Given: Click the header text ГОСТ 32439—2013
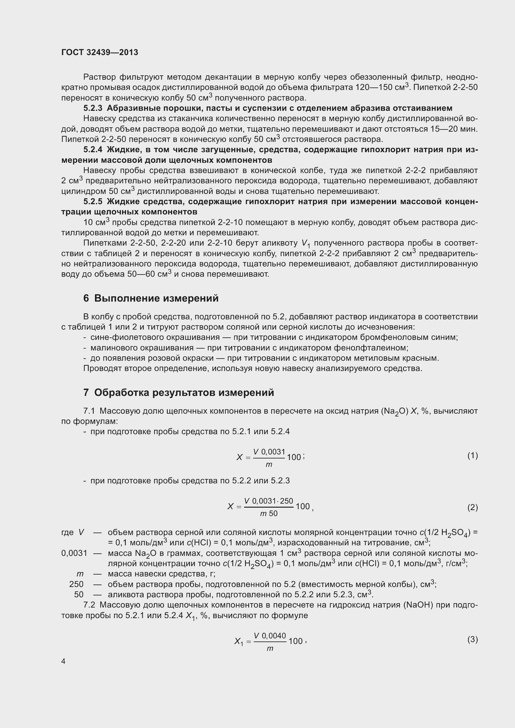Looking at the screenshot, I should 100,52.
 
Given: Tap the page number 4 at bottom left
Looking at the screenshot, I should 64,661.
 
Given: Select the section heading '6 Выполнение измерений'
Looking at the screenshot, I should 151,298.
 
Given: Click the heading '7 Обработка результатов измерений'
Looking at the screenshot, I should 178,392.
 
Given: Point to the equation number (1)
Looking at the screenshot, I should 473,456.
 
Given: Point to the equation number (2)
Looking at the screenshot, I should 473,508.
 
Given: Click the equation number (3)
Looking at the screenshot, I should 473,640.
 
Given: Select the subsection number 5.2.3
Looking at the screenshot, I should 93,108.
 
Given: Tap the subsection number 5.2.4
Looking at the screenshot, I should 93,150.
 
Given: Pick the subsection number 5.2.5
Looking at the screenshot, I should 93,202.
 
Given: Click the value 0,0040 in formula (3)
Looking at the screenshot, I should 274,636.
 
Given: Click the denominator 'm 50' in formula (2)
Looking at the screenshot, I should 269,513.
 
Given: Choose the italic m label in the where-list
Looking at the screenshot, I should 80,574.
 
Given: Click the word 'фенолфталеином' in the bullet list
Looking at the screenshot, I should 371,348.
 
